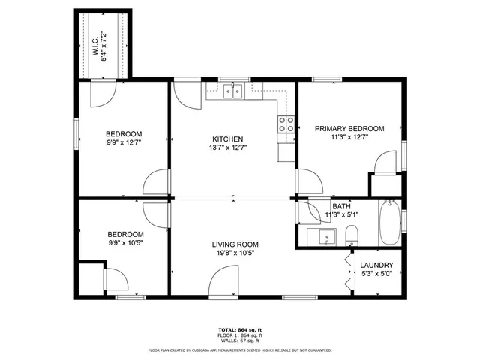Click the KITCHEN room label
click(x=227, y=139)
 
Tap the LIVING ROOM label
click(x=235, y=244)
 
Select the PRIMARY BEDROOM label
click(x=349, y=129)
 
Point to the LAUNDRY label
click(x=376, y=265)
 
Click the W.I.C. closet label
click(x=95, y=46)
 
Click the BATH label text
click(x=341, y=206)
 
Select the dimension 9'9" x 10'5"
click(x=124, y=242)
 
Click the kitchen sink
click(x=235, y=92)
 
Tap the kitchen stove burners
click(x=286, y=124)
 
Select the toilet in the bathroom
click(x=353, y=238)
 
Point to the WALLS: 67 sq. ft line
click(x=240, y=341)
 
